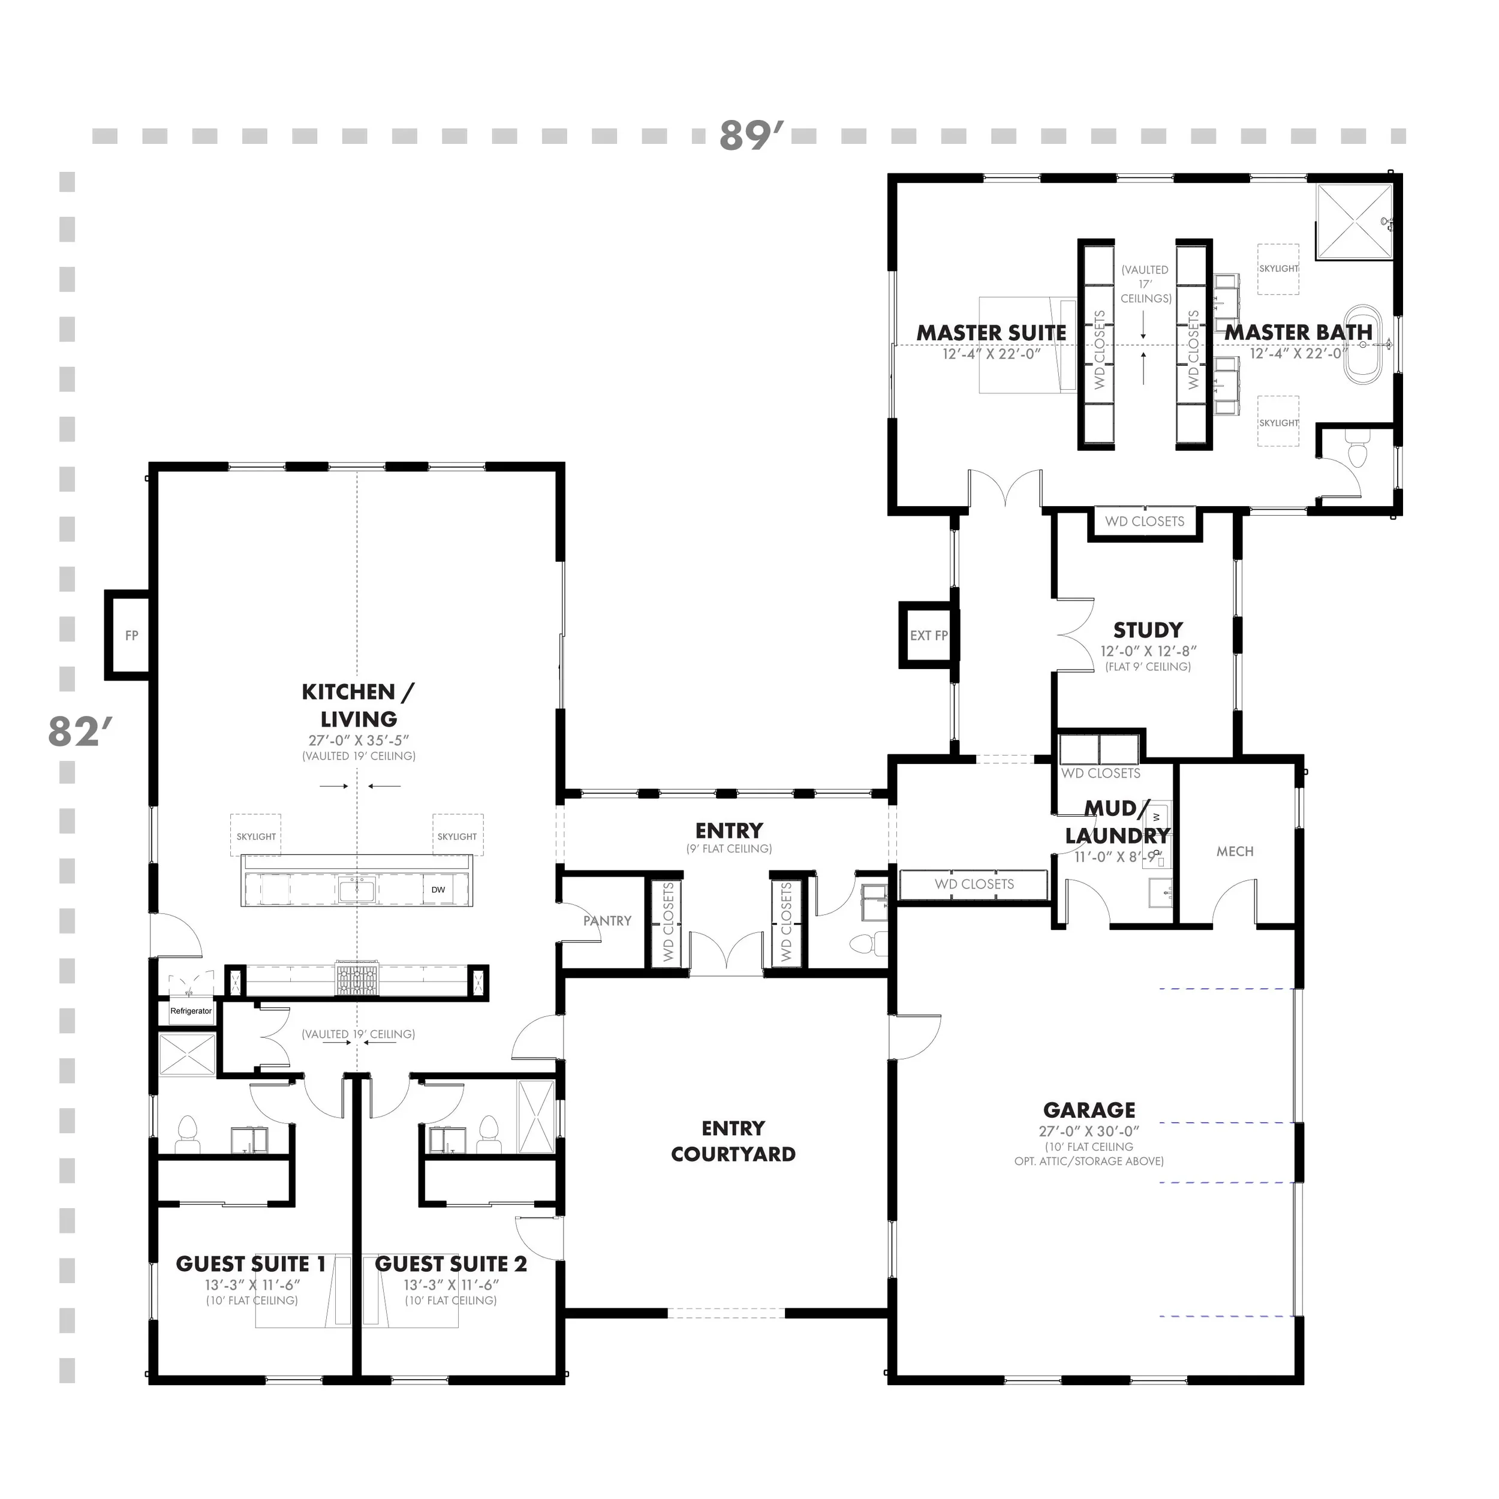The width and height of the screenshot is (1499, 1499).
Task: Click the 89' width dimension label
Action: [x=751, y=135]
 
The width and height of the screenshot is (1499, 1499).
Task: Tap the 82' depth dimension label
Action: [x=80, y=731]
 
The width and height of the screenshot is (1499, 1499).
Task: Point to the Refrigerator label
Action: [x=191, y=1011]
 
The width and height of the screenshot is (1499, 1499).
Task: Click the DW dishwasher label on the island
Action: [x=438, y=890]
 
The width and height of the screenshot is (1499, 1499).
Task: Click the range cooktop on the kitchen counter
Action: [x=357, y=979]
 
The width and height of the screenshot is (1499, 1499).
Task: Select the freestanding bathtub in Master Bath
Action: [x=1362, y=345]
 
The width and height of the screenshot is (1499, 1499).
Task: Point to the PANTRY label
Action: [x=607, y=921]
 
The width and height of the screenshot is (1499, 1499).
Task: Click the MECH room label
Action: [x=1235, y=851]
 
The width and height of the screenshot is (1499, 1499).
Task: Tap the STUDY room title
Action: [x=1148, y=630]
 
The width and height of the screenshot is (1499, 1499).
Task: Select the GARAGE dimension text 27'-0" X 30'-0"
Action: [x=1088, y=1131]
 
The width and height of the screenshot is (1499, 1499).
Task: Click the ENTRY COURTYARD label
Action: [x=733, y=1140]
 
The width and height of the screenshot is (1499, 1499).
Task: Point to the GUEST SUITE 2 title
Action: [x=451, y=1264]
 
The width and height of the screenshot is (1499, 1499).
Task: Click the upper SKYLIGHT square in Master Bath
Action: [x=1278, y=269]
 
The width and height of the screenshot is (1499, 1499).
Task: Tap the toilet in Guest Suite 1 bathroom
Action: [x=188, y=1134]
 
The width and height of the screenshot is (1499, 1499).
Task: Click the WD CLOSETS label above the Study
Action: [x=1145, y=522]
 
